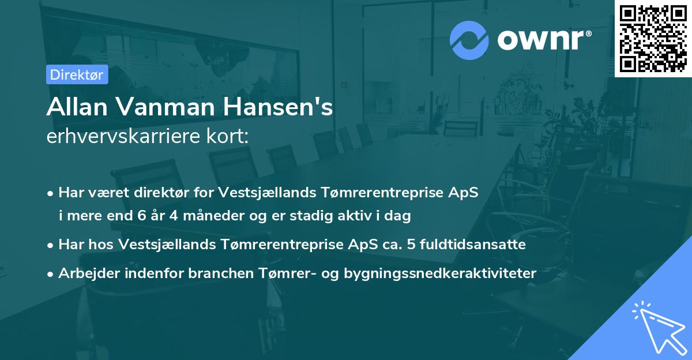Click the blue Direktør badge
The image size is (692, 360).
click(77, 74)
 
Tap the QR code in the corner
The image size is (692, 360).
click(653, 38)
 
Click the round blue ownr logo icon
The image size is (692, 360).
click(469, 39)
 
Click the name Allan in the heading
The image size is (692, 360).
click(72, 107)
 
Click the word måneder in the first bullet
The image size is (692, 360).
click(199, 216)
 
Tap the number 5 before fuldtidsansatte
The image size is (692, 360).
click(410, 245)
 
